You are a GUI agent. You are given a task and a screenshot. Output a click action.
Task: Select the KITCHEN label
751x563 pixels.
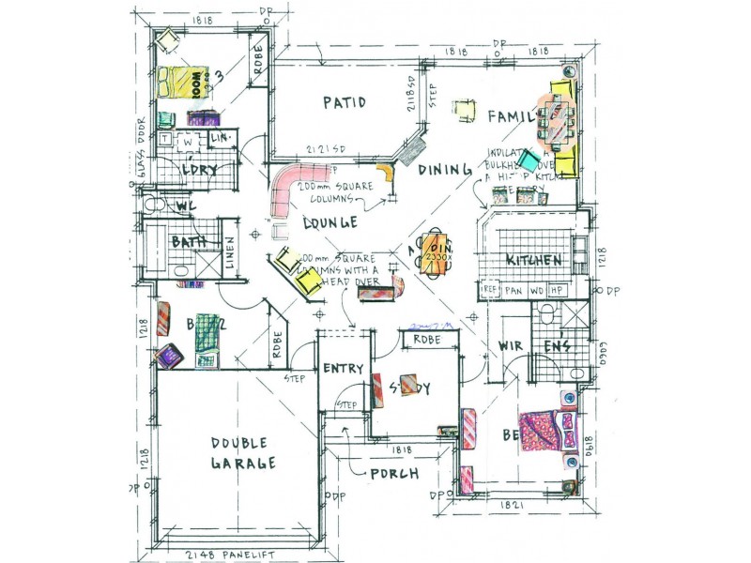[x=534, y=260]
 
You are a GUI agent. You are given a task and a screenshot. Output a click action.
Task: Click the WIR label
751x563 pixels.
[x=509, y=347]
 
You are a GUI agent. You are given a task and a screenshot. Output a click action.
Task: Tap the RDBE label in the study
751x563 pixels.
[x=427, y=340]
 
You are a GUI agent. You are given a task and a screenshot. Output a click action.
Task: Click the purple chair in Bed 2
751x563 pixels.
[x=169, y=356]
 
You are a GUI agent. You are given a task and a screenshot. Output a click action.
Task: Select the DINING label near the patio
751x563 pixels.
[x=443, y=170]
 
